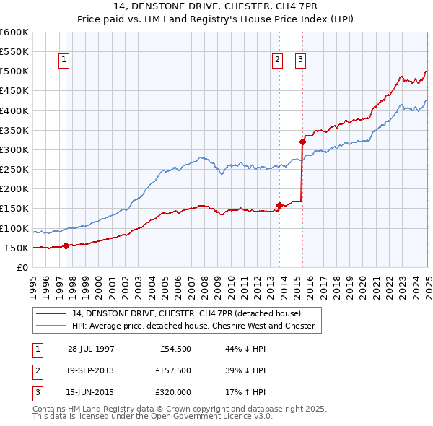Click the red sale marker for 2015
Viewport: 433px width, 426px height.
302,142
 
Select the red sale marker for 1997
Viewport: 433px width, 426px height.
66,245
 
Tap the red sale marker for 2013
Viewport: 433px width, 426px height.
279,205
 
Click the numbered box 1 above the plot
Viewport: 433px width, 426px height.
64,61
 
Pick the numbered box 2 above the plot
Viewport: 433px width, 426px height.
277,61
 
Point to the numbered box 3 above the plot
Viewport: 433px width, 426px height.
300,61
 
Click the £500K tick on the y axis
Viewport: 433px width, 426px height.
14,71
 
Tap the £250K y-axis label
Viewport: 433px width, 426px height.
14,170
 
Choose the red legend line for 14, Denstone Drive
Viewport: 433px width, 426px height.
50,313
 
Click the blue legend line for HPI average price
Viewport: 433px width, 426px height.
50,326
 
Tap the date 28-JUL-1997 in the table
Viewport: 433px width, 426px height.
91,348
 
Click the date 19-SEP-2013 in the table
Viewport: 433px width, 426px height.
91,370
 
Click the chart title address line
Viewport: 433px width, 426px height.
216,6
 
